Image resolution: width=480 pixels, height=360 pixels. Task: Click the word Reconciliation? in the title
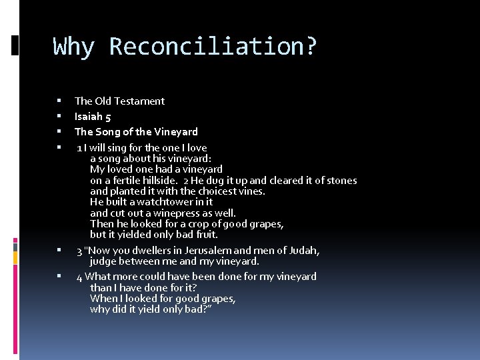[x=213, y=47]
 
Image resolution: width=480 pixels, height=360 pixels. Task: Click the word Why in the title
[x=74, y=47]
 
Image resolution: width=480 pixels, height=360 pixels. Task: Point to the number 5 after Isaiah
[x=108, y=117]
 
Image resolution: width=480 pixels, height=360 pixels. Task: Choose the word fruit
[x=205, y=235]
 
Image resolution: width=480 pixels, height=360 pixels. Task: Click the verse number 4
[x=79, y=277]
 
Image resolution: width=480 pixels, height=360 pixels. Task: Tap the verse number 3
[x=79, y=251]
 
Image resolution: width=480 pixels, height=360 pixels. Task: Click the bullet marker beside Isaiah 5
[x=59, y=117]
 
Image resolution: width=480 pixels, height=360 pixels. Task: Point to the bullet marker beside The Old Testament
[x=59, y=101]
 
